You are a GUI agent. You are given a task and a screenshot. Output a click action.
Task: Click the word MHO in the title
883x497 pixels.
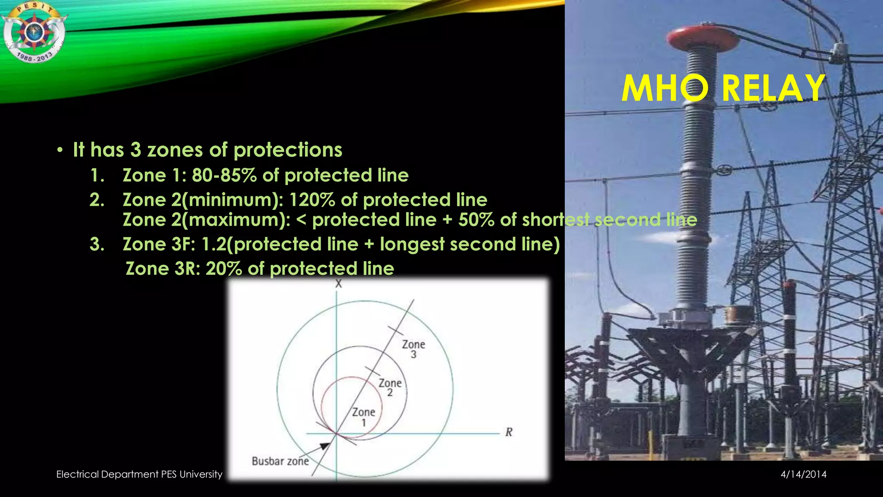[x=665, y=88]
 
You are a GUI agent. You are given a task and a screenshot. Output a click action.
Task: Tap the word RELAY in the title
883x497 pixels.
[x=773, y=88]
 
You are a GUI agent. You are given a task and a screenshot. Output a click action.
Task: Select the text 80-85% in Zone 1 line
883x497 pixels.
[x=224, y=175]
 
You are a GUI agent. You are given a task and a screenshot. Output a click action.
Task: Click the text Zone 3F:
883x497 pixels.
[x=159, y=244]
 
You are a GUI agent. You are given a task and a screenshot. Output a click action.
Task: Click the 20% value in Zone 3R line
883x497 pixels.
[x=223, y=268]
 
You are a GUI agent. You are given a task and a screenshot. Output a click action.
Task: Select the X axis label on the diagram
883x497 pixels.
[x=338, y=283]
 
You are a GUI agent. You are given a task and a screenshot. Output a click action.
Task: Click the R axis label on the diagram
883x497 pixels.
[x=509, y=432]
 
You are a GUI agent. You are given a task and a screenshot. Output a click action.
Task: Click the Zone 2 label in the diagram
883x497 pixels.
[x=390, y=387]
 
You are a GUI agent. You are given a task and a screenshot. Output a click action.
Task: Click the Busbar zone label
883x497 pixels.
[x=280, y=461]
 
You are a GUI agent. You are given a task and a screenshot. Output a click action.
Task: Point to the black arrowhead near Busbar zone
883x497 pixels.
[x=325, y=446]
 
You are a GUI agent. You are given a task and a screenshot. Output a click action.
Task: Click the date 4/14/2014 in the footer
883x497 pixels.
[x=804, y=475]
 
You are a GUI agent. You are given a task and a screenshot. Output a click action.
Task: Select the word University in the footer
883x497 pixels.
[x=201, y=475]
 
